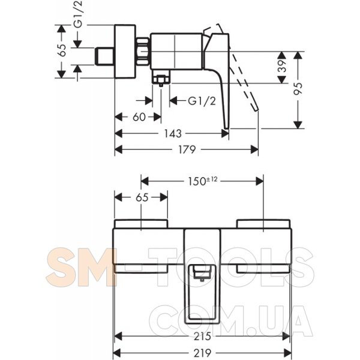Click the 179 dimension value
click(187, 149)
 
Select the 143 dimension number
click(173, 133)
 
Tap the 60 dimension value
click(139, 117)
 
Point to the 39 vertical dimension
click(282, 66)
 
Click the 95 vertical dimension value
click(298, 89)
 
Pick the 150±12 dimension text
click(203, 181)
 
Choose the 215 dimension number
click(202, 337)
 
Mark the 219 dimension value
click(202, 352)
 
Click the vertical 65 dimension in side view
click(62, 50)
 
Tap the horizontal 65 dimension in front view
click(142, 197)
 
